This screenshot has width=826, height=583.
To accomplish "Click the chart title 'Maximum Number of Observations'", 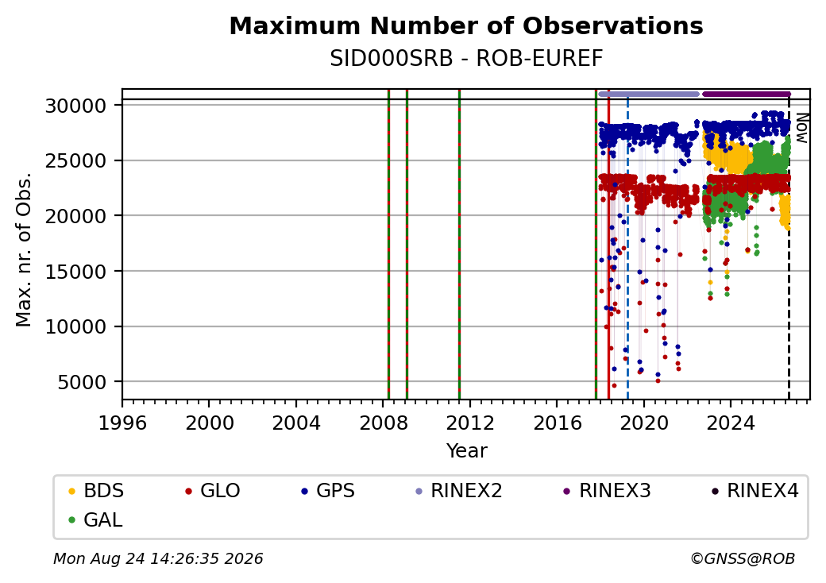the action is [x=466, y=25].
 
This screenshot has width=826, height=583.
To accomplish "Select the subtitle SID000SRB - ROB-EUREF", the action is [x=466, y=59].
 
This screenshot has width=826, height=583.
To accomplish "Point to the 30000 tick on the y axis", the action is [x=76, y=106].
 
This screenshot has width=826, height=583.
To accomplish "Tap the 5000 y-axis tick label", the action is [x=82, y=382].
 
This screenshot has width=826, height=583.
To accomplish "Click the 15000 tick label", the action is [x=76, y=272].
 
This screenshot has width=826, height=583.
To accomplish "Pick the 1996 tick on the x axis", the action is [x=122, y=423].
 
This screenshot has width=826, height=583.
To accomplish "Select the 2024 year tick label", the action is [x=731, y=423].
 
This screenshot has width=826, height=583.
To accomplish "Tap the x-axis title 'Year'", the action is [x=467, y=451].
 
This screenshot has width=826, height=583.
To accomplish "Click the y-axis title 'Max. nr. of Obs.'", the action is [x=24, y=249].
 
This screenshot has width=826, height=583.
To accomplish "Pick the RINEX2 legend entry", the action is [x=459, y=491].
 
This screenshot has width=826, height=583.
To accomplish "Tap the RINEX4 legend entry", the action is [x=755, y=491].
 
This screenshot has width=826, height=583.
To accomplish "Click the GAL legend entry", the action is [x=95, y=519].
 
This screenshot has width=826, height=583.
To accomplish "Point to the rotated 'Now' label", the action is [x=801, y=128].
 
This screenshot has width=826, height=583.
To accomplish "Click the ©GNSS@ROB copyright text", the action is [x=743, y=558].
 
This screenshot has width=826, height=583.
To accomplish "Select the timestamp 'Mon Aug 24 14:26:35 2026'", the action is [x=158, y=558].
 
